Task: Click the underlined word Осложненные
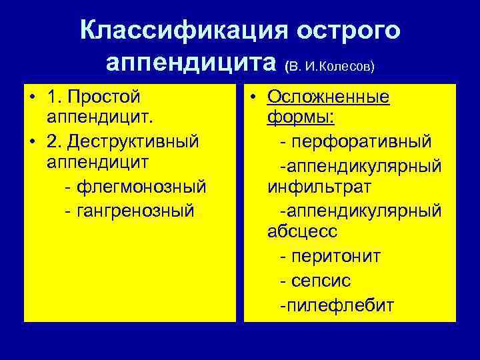pyautogui.click(x=328, y=97)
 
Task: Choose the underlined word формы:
pyautogui.click(x=301, y=119)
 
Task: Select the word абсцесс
pyautogui.click(x=302, y=233)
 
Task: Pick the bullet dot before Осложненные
pyautogui.click(x=254, y=97)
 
